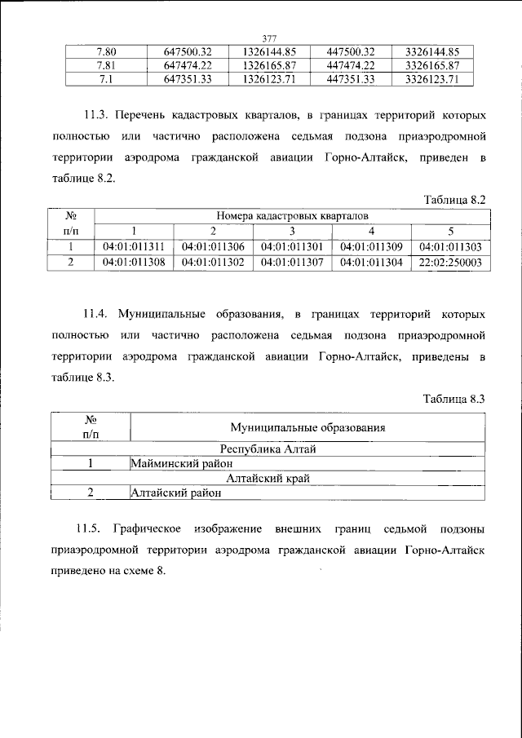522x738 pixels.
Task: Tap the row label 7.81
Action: pos(106,64)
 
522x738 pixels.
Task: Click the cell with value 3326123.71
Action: pos(433,79)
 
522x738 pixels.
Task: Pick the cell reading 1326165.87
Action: pos(269,64)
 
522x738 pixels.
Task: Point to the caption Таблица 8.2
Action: pos(455,199)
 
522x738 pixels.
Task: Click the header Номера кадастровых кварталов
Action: pos(292,216)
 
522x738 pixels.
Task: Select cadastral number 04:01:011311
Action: pos(135,247)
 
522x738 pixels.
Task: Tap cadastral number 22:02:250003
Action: pos(450,263)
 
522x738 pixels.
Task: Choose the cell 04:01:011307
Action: pos(292,263)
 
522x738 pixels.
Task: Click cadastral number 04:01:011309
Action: pos(371,247)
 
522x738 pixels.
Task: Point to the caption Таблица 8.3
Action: pos(455,398)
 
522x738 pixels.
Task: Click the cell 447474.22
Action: pos(350,64)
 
